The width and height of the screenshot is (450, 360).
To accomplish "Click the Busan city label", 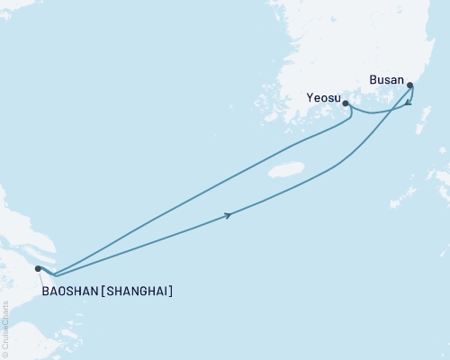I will click(386, 79).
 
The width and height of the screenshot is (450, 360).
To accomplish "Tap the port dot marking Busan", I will click(410, 86).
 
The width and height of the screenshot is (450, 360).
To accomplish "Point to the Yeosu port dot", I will click(346, 103).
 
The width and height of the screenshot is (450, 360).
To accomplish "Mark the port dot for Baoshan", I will click(38, 268).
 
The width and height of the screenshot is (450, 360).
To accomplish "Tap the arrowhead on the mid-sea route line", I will click(230, 214).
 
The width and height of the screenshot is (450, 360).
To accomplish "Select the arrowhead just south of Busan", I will click(409, 103).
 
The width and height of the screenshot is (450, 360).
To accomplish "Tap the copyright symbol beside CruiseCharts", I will click(5, 355).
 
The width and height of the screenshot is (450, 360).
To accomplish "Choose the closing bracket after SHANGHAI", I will click(171, 291).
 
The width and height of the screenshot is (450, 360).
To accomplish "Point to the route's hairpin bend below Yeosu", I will click(350, 114).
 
